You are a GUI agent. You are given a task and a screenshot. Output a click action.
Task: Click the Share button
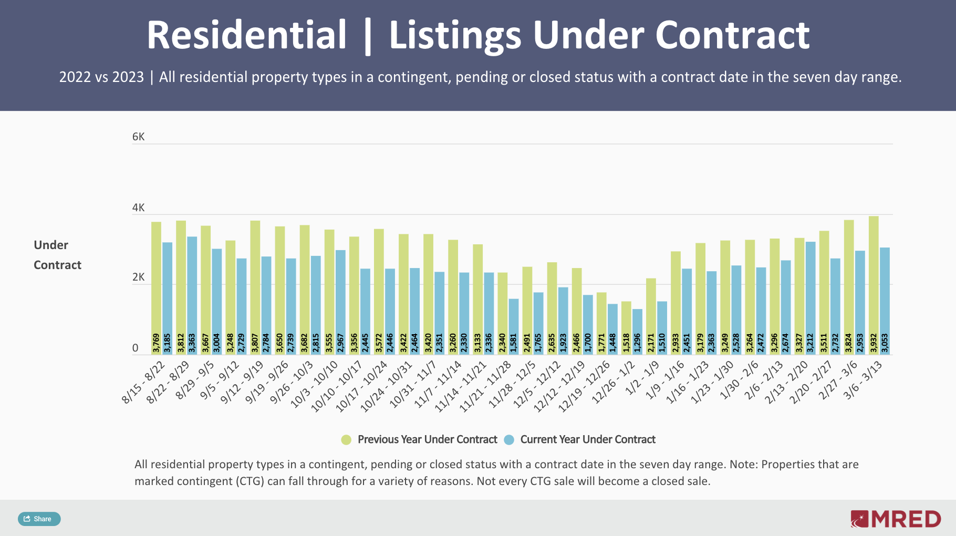(x=39, y=519)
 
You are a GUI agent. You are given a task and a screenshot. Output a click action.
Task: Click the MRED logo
(x=896, y=519)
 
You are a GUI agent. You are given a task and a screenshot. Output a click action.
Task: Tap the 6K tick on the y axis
(x=138, y=137)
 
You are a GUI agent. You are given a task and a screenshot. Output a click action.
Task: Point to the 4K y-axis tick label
(x=138, y=208)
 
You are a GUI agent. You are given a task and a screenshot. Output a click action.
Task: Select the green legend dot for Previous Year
(x=346, y=440)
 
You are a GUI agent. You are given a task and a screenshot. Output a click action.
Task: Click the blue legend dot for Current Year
(x=508, y=440)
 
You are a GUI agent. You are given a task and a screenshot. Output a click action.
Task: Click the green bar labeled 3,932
(x=874, y=284)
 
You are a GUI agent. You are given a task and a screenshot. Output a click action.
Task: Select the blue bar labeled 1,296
(x=637, y=331)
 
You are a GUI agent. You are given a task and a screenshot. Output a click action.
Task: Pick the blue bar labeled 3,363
(x=192, y=294)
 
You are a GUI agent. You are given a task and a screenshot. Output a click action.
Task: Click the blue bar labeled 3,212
(x=810, y=297)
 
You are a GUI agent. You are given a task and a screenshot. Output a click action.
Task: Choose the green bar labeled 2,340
(x=503, y=313)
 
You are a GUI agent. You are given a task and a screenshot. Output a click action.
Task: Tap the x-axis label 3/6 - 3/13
(x=863, y=381)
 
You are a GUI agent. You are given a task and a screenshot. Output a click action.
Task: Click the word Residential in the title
(x=246, y=35)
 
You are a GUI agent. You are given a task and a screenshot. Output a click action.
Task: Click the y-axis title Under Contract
(x=57, y=255)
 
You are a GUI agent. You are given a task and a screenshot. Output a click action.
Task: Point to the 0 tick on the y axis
(x=136, y=348)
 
